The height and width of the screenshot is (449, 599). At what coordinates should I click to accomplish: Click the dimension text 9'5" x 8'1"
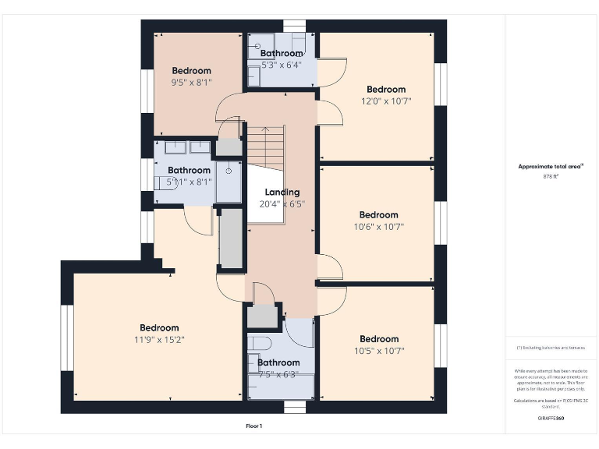pos(191,82)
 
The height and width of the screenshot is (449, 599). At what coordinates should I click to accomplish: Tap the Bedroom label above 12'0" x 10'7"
pos(386,89)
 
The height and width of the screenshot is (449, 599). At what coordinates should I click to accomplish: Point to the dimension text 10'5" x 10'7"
pos(379,351)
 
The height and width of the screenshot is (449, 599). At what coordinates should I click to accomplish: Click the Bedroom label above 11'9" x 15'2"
pos(159,327)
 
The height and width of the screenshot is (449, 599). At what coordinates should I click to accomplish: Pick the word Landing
pos(282,192)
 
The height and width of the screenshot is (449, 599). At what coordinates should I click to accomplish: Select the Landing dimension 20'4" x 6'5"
pos(282,204)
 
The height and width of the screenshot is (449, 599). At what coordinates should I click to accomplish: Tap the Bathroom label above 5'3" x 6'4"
pos(282,54)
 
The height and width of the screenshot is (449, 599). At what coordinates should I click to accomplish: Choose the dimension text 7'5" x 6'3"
pos(278,374)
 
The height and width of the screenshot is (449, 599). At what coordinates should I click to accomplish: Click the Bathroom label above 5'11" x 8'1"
pos(189,170)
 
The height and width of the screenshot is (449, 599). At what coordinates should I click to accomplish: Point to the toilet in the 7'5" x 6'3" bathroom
pos(260,343)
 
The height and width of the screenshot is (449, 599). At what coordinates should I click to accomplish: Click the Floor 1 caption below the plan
pos(254,426)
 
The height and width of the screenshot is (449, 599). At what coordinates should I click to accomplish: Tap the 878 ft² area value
pos(551,176)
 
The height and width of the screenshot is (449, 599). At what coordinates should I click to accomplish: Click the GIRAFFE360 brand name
pos(551,419)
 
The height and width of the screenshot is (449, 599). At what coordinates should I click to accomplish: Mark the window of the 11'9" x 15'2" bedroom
pos(66,337)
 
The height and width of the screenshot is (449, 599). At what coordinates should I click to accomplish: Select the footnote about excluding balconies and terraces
pos(551,347)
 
